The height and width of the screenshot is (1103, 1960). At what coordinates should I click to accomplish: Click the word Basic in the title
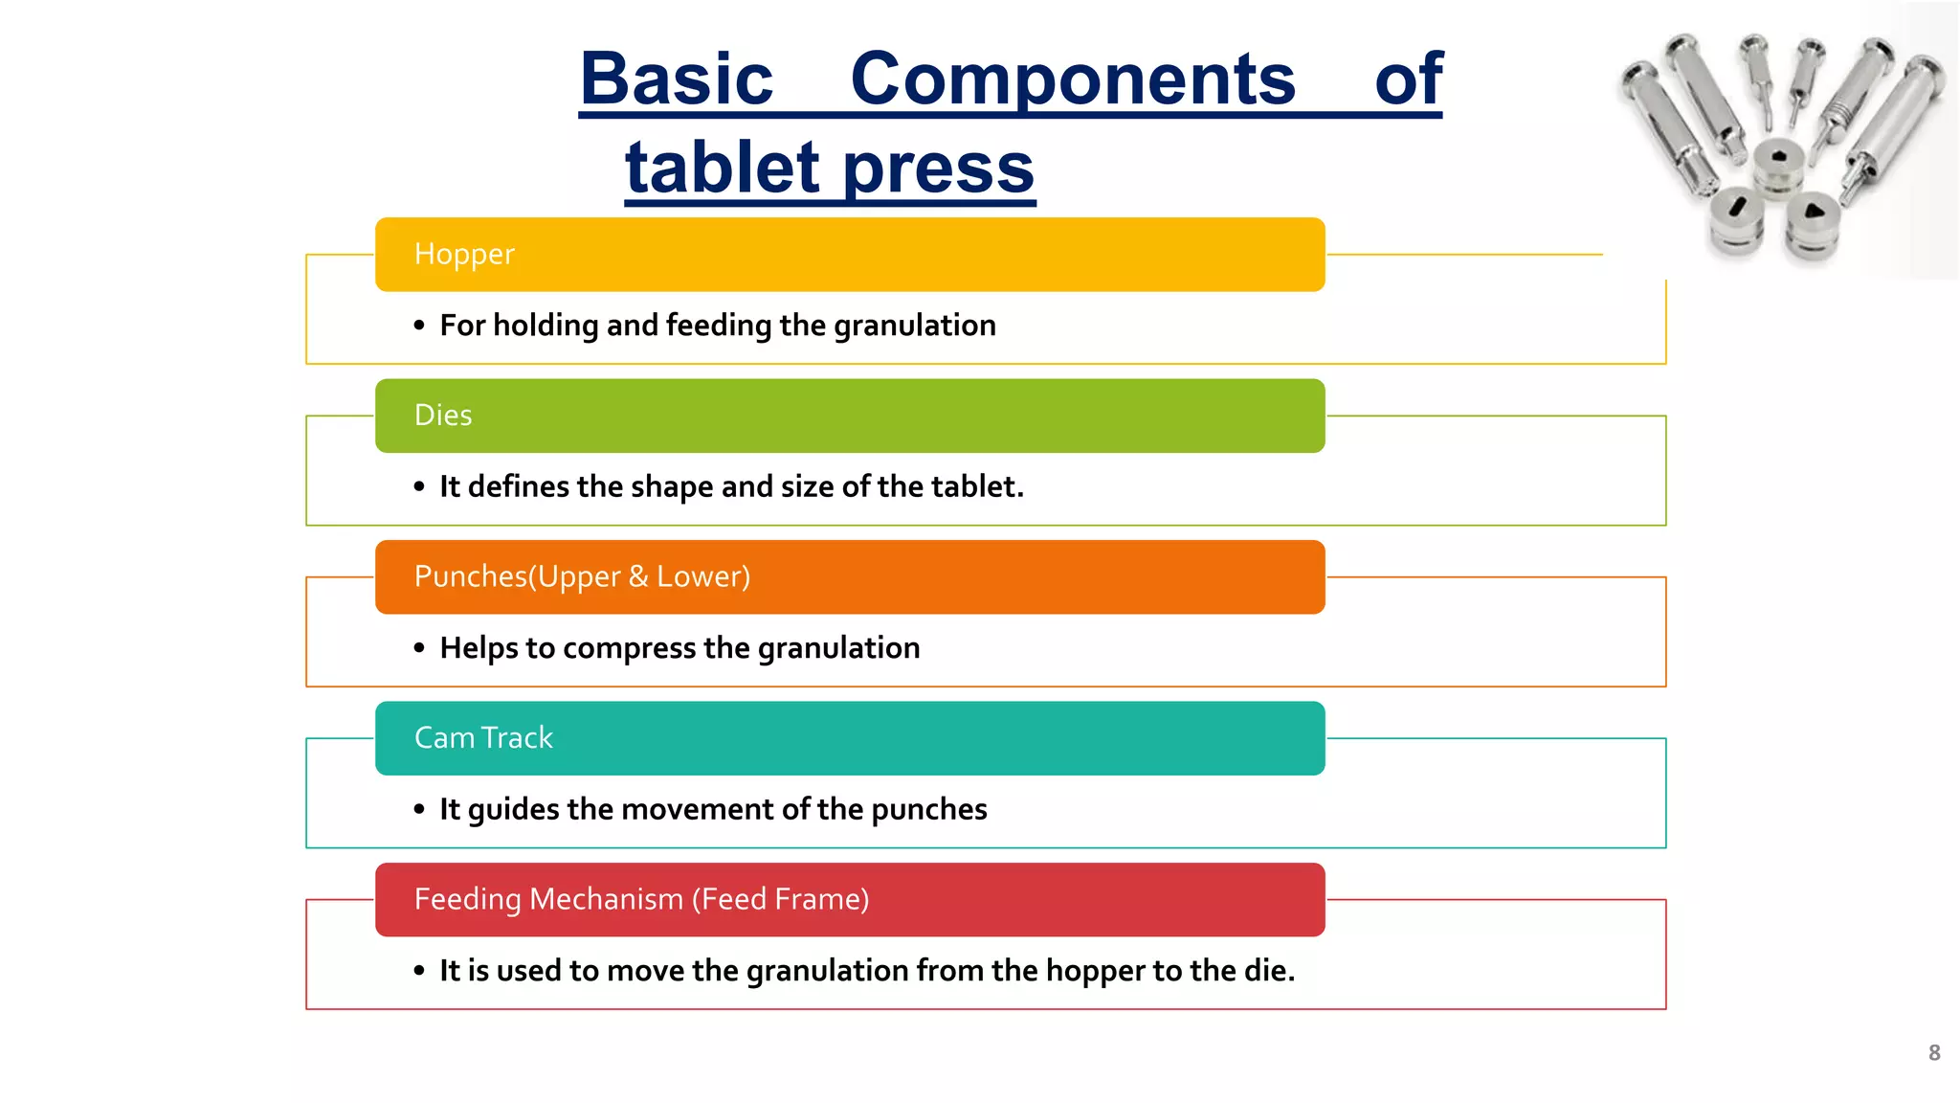677,79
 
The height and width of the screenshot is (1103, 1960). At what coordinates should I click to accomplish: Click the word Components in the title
1073,79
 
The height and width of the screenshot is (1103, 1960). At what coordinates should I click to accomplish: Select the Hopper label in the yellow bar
464,255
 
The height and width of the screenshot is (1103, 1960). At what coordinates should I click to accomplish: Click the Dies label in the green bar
443,416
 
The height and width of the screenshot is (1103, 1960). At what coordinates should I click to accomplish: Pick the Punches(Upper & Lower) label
582,576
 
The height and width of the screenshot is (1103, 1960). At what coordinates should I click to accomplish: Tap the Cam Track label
483,738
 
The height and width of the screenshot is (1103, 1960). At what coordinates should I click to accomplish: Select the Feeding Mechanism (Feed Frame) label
641,899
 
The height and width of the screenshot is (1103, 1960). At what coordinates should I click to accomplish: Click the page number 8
1934,1053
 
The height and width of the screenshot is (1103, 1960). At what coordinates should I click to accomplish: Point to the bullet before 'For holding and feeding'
419,326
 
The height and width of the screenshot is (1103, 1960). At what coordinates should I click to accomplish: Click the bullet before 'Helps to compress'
419,649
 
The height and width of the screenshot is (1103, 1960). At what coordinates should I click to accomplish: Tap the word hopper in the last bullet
1096,972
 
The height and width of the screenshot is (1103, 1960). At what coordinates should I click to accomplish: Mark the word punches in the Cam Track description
928,810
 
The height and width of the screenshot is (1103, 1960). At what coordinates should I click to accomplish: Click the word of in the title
1408,79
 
